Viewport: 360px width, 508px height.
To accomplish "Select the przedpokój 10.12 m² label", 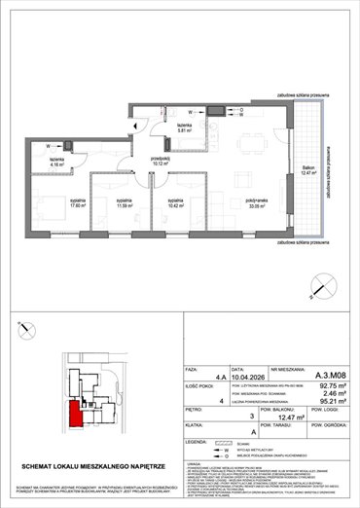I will (x=161, y=162).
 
